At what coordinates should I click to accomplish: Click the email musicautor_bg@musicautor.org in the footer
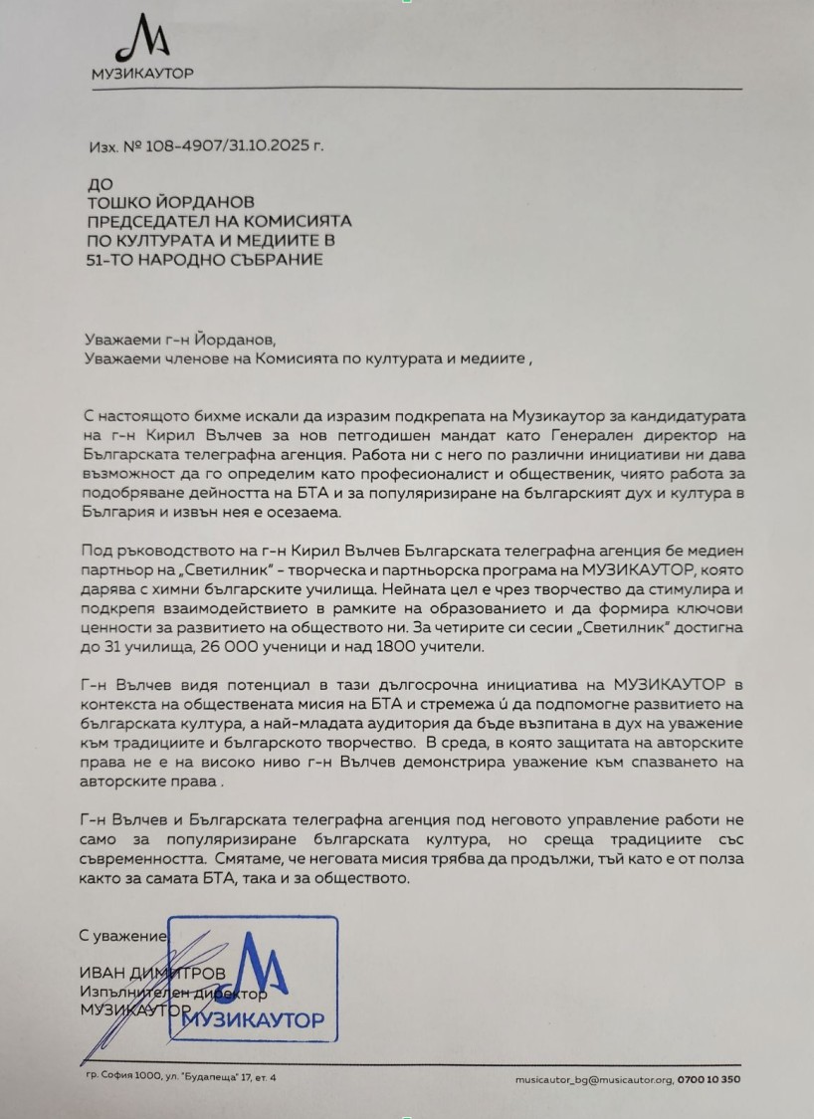[x=594, y=1078]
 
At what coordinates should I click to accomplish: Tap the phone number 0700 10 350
[x=709, y=1078]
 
